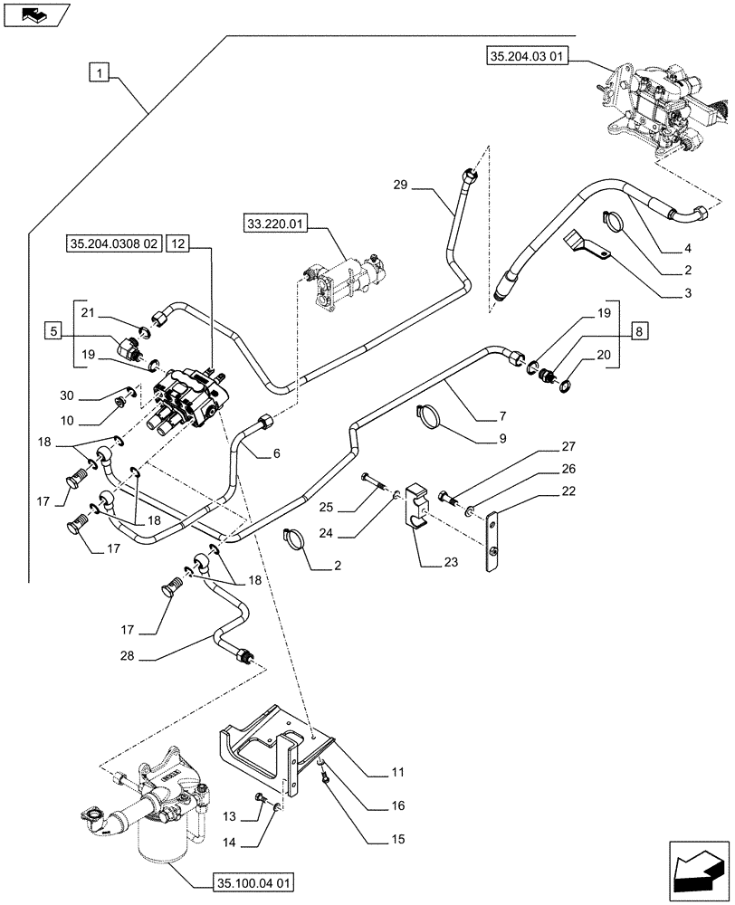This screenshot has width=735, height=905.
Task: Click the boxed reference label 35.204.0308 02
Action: click(x=113, y=243)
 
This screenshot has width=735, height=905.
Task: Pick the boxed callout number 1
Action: click(x=99, y=71)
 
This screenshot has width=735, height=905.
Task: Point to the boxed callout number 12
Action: click(x=177, y=243)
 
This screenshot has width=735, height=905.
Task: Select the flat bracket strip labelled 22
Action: click(x=493, y=544)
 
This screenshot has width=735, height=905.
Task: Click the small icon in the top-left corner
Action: click(x=35, y=14)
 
